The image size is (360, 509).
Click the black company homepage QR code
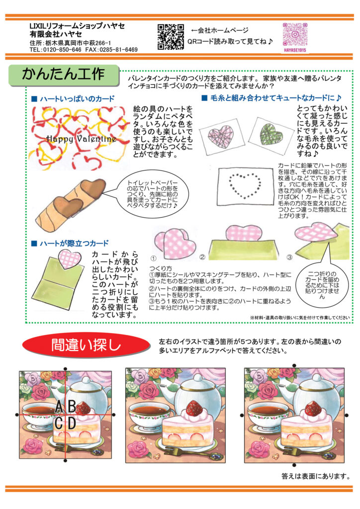171,37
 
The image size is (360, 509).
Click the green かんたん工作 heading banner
64,75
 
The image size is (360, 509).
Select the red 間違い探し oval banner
86,345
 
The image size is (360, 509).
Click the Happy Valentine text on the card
81,139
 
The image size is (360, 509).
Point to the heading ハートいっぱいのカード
77,99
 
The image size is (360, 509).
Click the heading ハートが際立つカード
74,244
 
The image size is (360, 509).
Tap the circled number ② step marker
202,257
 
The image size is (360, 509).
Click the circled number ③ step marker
289,257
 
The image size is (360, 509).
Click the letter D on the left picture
72,423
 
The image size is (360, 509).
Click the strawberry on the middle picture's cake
194,407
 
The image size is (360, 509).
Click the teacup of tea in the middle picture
149,416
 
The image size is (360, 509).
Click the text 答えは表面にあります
316,476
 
